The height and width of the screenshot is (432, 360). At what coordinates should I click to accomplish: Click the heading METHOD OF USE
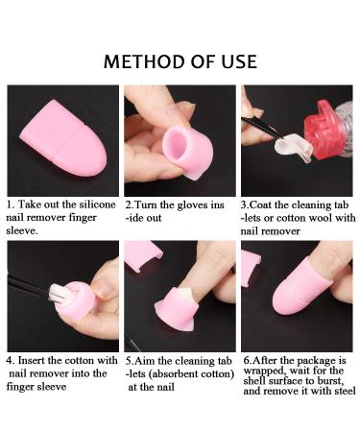[180, 61]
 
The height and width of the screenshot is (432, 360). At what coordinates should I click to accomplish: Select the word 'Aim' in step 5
[151, 360]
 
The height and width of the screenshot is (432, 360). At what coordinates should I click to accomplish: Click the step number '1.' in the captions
[11, 205]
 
